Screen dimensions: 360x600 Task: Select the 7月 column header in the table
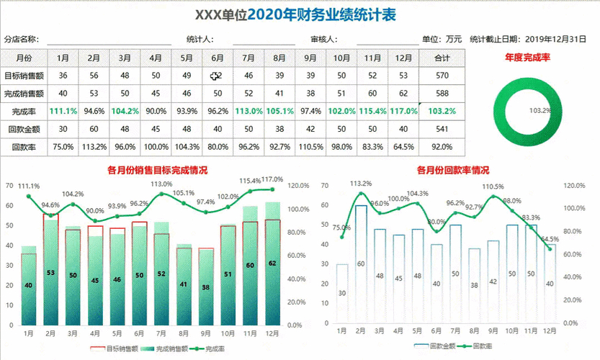(248, 58)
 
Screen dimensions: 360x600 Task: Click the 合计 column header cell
(442, 58)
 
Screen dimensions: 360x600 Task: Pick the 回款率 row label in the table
(24, 147)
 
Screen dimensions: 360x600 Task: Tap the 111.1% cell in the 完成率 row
(63, 111)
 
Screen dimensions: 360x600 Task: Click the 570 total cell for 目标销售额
(442, 76)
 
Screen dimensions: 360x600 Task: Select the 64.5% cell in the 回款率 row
(403, 147)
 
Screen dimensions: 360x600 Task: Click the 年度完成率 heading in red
(527, 57)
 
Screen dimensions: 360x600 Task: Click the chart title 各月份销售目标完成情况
(157, 171)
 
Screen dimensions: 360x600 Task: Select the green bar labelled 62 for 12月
(272, 274)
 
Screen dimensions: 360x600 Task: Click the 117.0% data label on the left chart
(272, 179)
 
